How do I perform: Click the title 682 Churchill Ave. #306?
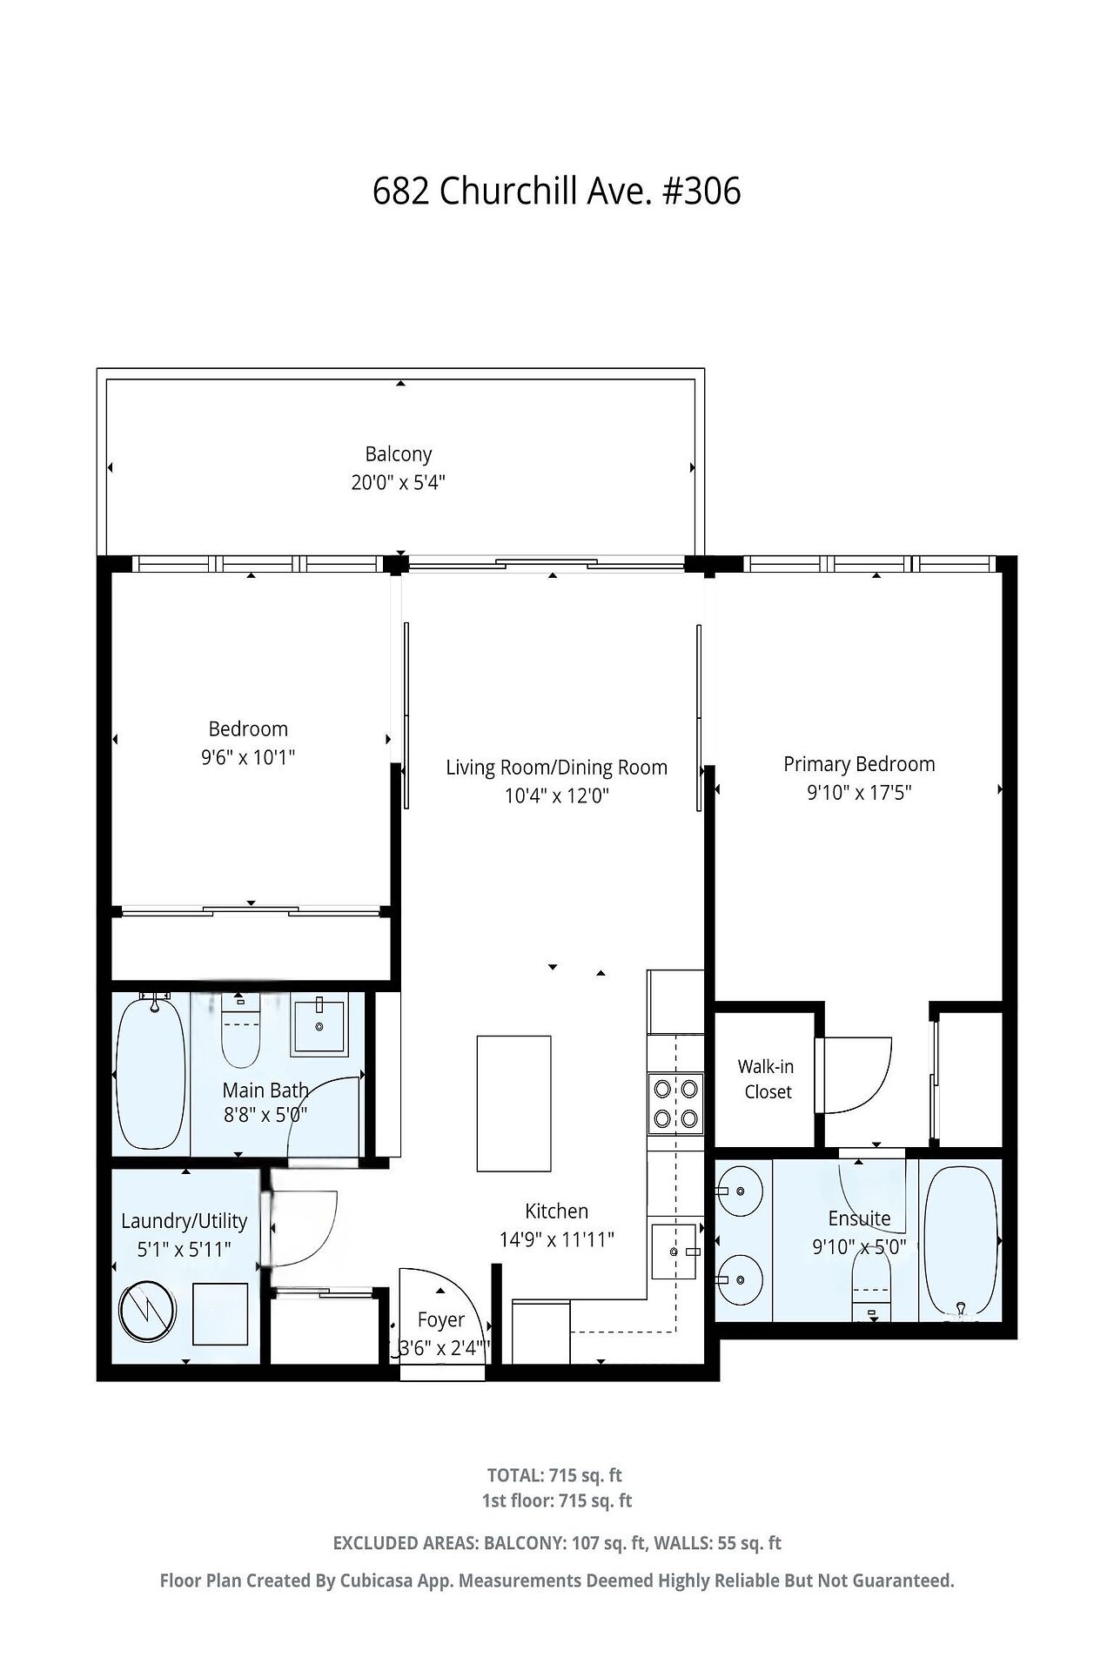click(557, 191)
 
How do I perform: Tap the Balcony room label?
click(399, 453)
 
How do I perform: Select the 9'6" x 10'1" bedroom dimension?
click(248, 757)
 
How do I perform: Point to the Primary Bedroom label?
click(859, 764)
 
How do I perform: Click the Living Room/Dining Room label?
click(557, 768)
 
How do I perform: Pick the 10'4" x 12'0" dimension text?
click(557, 795)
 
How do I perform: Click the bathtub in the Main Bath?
click(151, 1072)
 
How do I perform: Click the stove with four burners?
click(676, 1104)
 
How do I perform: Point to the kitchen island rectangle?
click(513, 1103)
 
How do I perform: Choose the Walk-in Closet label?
click(768, 1079)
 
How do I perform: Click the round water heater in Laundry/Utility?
click(148, 1312)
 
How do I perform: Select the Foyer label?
click(441, 1320)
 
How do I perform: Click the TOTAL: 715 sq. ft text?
click(554, 1475)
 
